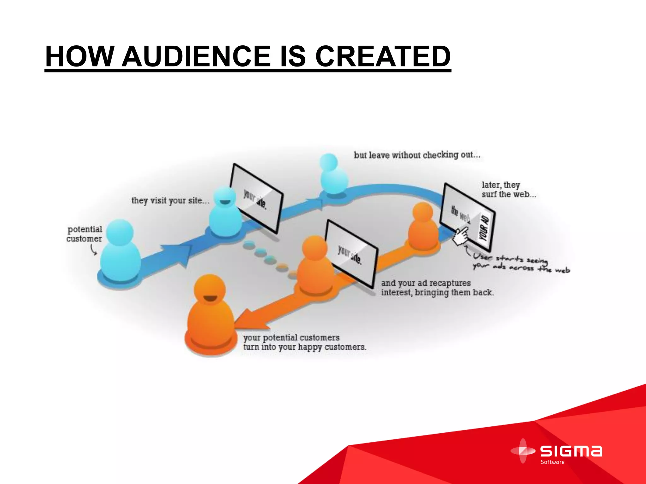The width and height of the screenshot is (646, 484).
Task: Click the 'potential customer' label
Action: click(85, 234)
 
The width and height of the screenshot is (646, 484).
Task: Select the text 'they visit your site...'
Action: click(170, 200)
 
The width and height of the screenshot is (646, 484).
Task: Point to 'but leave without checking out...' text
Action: click(417, 155)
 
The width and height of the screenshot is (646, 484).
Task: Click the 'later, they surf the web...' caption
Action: click(508, 189)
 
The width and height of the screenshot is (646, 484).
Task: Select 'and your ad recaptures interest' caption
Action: click(437, 288)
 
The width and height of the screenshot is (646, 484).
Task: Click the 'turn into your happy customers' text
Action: click(304, 347)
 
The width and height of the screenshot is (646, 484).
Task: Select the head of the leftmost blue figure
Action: click(120, 233)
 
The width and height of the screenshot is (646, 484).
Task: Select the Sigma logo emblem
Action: click(523, 451)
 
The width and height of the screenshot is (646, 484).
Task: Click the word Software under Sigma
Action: click(552, 462)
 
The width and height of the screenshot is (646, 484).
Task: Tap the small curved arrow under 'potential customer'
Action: click(93, 250)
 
